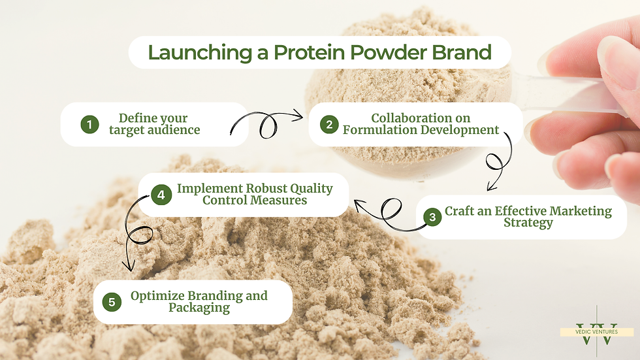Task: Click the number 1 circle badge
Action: coord(90,125)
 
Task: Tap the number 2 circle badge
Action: coord(329,125)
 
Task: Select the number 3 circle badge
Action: coord(432,217)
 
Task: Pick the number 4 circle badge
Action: coord(161,195)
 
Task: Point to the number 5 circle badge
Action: coord(112,302)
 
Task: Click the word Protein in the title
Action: coord(310,52)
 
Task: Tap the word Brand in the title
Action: coord(462,52)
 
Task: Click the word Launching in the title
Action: coord(200,53)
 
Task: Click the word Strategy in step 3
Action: coord(528,223)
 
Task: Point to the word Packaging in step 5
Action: coord(199,307)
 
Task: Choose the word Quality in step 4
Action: coord(312,189)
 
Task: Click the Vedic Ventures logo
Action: coord(597,331)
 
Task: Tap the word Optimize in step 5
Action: coord(157,296)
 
